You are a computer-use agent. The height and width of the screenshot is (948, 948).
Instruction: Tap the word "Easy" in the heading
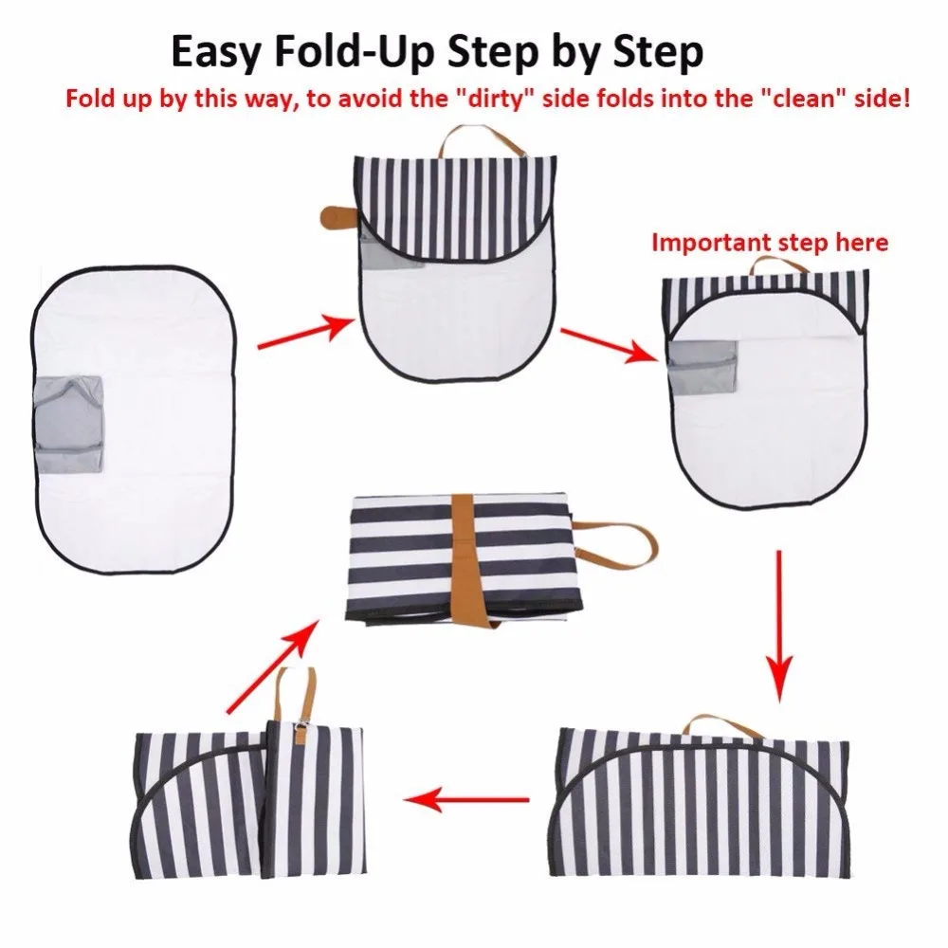[x=218, y=53]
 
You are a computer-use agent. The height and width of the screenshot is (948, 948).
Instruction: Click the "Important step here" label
[x=770, y=243]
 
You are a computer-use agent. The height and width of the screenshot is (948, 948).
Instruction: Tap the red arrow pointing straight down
[x=779, y=627]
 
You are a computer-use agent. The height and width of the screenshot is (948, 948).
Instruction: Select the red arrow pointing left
[x=466, y=800]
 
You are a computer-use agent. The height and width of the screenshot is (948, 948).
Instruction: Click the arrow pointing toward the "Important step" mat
[x=610, y=345]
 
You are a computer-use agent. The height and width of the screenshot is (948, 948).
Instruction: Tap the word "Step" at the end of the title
[x=659, y=53]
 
